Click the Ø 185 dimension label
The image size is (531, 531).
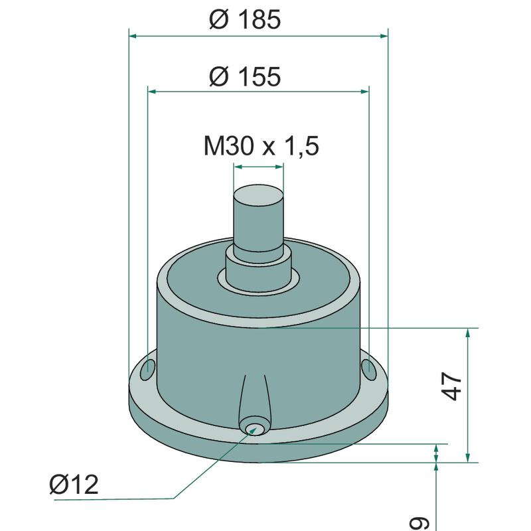tap(245, 19)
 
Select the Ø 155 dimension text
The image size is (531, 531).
tap(245, 76)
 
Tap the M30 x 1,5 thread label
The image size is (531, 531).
tap(261, 146)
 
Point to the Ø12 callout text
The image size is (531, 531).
tap(74, 485)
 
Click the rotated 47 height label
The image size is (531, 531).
tap(452, 386)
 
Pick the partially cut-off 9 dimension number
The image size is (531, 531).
tap(420, 524)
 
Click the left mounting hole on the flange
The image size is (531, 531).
tap(147, 370)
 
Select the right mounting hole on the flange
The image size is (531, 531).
tap(369, 370)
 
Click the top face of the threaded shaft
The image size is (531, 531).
tap(258, 195)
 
